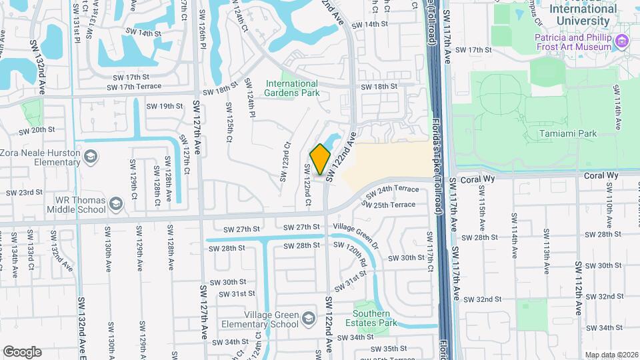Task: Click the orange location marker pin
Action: (x=321, y=160)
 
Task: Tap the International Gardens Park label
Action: (x=292, y=88)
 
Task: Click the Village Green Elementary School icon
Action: (x=309, y=319)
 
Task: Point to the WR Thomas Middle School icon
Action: (x=116, y=204)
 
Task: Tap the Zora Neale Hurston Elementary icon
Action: (x=91, y=157)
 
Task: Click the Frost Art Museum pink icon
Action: (x=622, y=42)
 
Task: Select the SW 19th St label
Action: (x=165, y=106)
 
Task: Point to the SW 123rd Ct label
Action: (x=287, y=158)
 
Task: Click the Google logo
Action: (x=22, y=352)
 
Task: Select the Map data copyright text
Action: (x=610, y=355)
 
